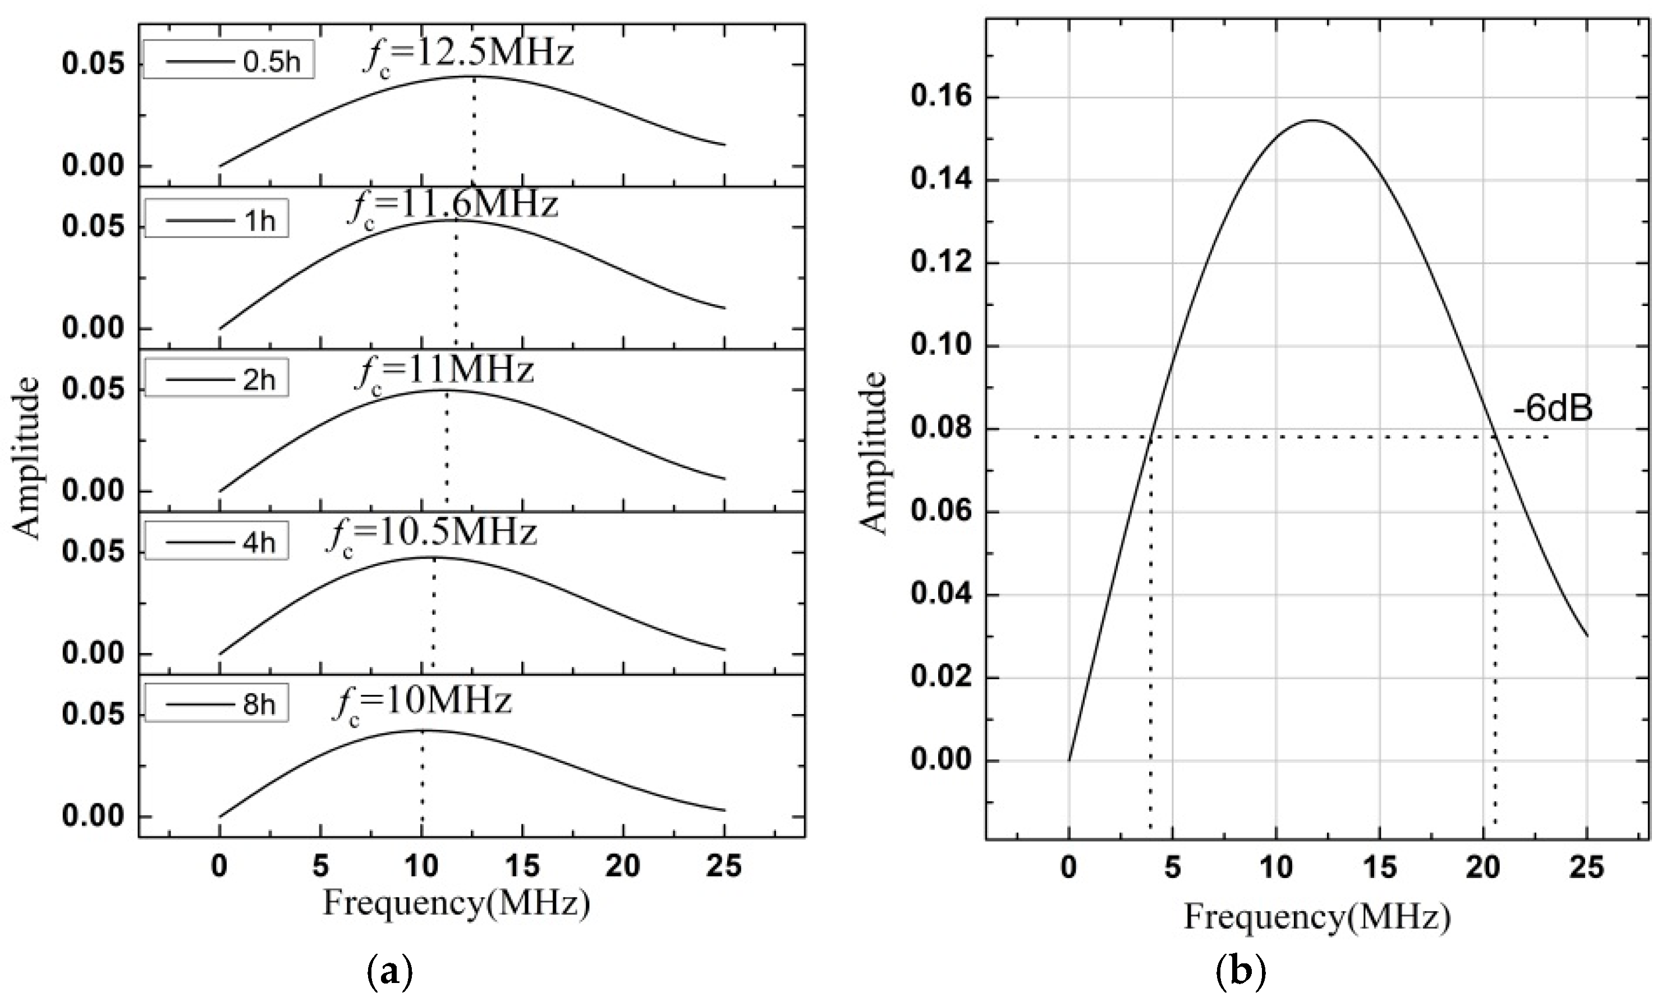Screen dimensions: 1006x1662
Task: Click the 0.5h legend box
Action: click(229, 61)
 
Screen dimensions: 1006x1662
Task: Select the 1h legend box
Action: click(216, 218)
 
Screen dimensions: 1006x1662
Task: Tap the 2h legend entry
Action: click(216, 379)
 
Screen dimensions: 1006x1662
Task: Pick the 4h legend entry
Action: click(216, 542)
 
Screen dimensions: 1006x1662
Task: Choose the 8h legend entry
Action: click(216, 704)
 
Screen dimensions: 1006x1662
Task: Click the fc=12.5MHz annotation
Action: click(468, 56)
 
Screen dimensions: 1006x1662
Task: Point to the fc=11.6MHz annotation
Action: click(453, 207)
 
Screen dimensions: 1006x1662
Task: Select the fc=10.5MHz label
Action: click(431, 536)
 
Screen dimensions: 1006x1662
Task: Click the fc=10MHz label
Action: click(421, 703)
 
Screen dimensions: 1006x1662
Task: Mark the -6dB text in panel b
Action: click(1551, 409)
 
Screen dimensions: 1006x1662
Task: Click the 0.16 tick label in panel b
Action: click(938, 97)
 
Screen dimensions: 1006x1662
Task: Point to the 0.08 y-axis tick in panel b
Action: click(938, 429)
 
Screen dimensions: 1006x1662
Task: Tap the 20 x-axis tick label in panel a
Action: click(622, 866)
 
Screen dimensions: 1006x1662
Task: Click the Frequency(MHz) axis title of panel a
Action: click(457, 903)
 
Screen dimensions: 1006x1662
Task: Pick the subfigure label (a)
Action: click(389, 972)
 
